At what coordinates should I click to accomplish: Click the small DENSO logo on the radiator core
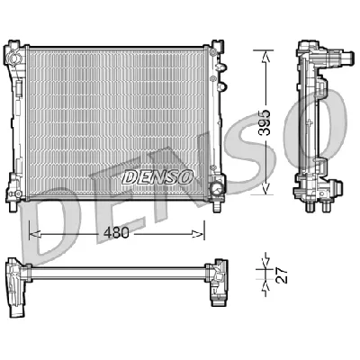coord(157,177)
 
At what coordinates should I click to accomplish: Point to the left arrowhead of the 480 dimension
coord(33,232)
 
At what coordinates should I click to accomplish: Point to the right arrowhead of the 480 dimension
coord(201,232)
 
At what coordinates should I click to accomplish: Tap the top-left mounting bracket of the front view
coord(15,46)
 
